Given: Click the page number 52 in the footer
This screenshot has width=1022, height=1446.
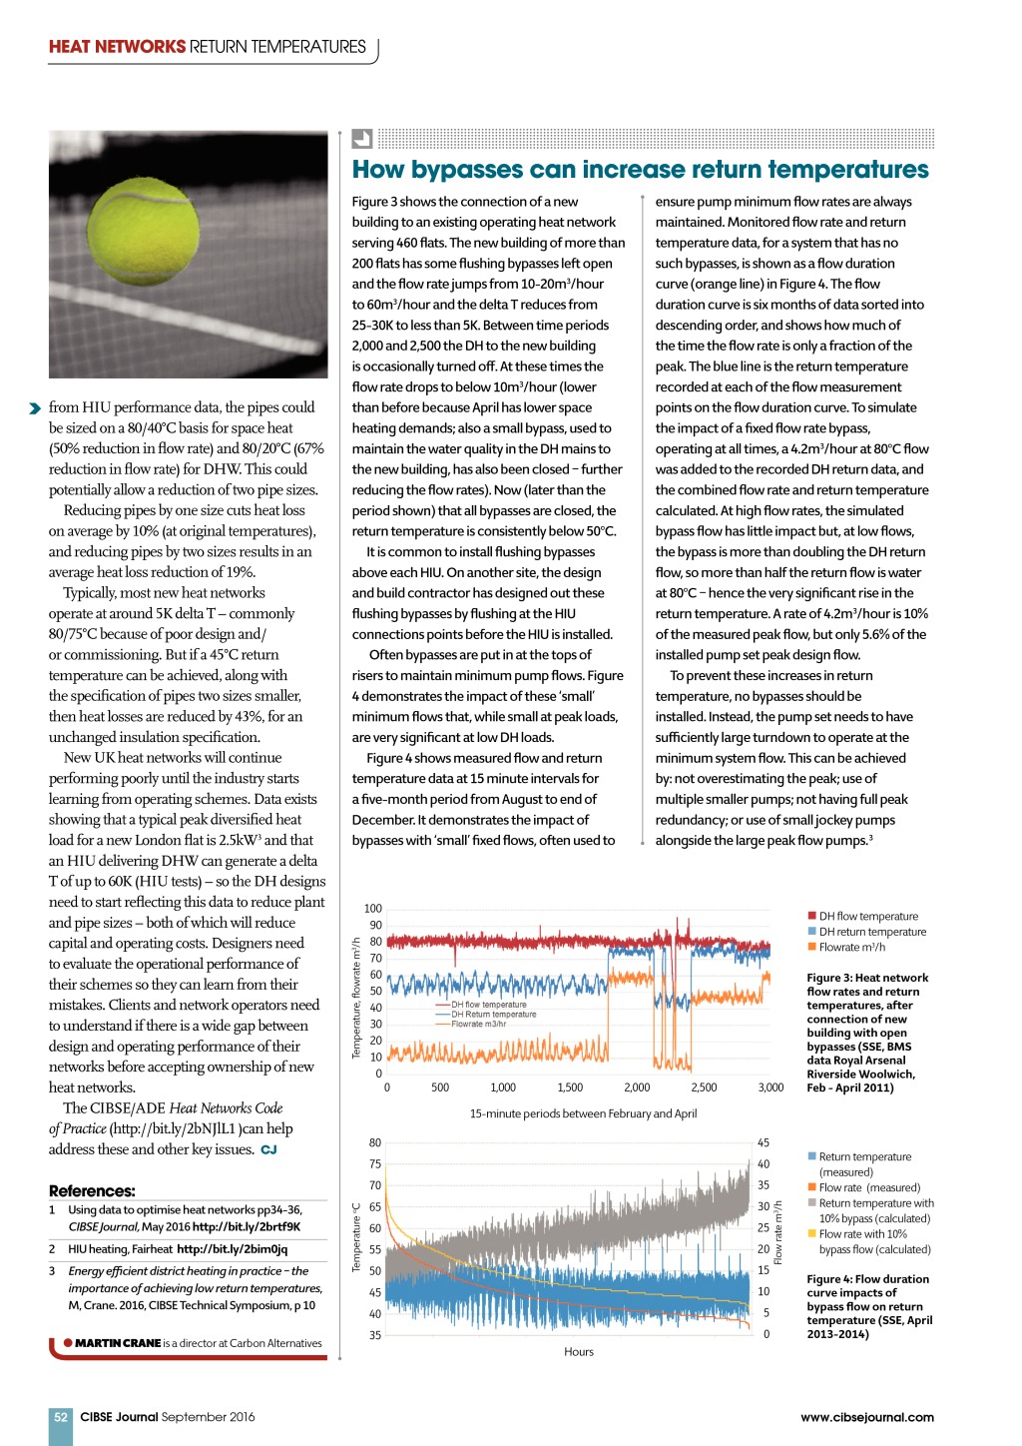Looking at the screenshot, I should (61, 1416).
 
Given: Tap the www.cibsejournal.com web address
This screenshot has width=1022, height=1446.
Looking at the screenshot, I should (866, 1416).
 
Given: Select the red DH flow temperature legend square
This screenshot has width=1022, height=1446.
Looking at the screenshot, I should (812, 916).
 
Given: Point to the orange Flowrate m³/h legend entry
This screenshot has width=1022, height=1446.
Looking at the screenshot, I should (851, 947).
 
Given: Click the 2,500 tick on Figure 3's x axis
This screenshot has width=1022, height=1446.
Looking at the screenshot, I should (704, 1087).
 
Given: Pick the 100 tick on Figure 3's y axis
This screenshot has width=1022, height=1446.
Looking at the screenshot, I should (372, 909).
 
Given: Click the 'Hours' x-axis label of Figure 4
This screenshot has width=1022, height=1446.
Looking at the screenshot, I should (579, 1351).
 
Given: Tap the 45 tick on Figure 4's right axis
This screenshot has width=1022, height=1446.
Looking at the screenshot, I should (764, 1142).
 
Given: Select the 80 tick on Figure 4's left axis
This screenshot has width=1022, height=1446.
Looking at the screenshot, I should (375, 1142).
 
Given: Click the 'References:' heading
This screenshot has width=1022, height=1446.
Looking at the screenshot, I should (92, 1190).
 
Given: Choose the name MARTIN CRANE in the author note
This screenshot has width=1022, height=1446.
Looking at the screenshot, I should (118, 1343).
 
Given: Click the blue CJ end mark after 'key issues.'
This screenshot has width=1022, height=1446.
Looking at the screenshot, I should (268, 1149).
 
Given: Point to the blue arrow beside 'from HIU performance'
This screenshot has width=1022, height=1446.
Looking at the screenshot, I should (36, 407).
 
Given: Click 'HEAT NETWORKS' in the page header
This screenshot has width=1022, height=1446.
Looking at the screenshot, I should (117, 47).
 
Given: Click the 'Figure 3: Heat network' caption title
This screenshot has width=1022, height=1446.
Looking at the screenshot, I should (867, 978).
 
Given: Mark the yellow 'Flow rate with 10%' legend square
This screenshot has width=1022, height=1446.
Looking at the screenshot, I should (812, 1234).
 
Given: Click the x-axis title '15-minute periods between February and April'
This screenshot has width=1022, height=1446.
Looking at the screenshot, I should (583, 1113).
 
